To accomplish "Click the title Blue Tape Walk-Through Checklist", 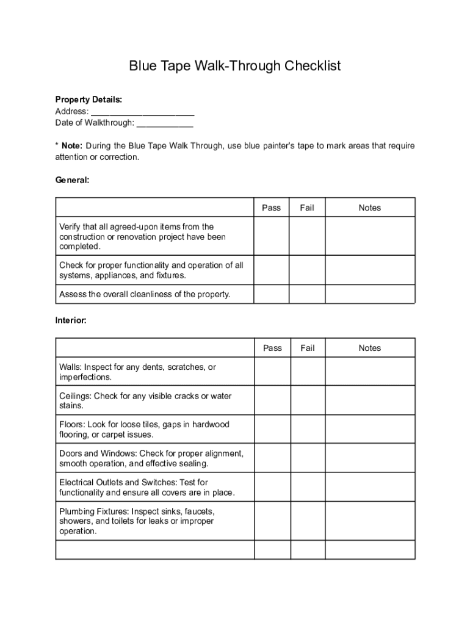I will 234,66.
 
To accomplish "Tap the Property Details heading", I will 89,99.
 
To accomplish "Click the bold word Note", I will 72,146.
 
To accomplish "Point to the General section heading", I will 73,180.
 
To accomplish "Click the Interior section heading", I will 71,320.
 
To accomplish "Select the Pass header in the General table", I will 271,208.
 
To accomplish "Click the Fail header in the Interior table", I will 308,348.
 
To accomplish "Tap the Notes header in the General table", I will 369,208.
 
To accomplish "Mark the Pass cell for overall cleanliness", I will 271,294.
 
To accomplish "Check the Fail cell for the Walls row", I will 308,372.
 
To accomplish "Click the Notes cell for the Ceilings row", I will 370,400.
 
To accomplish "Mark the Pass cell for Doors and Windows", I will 272,458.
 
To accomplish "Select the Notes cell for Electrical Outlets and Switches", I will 370,486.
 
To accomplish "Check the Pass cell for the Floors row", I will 272,429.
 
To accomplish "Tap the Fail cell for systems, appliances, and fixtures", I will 306,270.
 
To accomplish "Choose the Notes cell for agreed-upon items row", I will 369,236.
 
